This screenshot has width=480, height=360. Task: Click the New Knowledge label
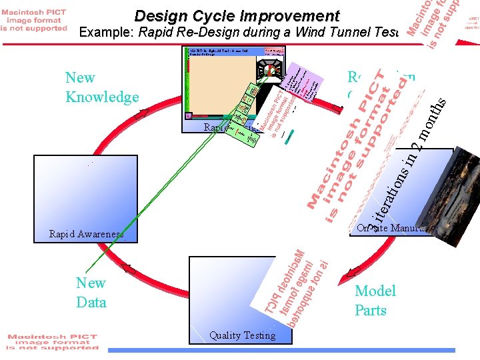[x=102, y=87]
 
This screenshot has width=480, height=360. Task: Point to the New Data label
[x=91, y=293]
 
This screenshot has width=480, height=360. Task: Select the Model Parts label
[x=375, y=300]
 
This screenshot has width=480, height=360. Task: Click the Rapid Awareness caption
[x=86, y=234]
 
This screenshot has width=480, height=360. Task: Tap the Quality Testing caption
[x=242, y=335]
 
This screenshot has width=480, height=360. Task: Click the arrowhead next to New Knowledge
[x=141, y=114]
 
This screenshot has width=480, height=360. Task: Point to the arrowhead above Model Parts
[x=354, y=271]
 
